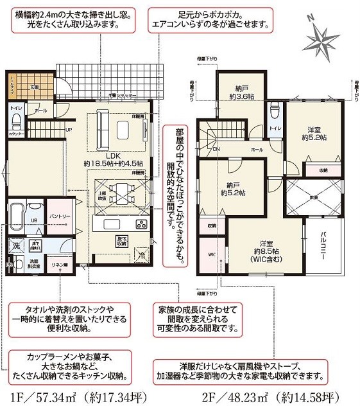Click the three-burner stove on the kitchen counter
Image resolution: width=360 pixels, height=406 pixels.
141,225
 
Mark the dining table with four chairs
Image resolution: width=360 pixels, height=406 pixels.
120,193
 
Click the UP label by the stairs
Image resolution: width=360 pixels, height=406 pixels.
69,130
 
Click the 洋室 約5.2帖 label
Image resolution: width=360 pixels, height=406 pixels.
313,132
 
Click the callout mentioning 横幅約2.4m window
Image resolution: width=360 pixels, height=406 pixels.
74,19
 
